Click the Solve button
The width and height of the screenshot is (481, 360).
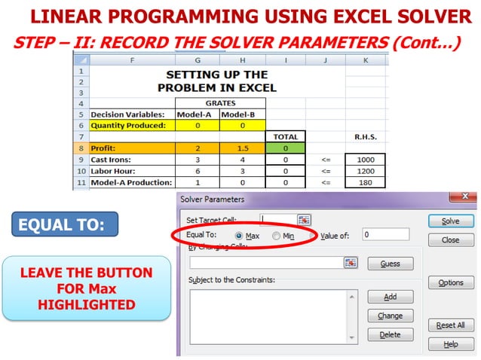tap(450, 221)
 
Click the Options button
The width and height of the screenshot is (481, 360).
tap(450, 282)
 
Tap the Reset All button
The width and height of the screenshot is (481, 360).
tap(450, 325)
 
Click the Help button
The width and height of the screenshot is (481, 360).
tap(450, 344)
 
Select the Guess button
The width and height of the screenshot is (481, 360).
tap(390, 264)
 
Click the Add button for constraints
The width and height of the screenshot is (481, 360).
tap(390, 297)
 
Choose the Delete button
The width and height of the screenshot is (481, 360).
tap(390, 334)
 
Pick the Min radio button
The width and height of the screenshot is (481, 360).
tap(277, 236)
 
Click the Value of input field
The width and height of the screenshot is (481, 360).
tap(384, 234)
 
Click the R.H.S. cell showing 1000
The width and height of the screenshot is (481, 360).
tap(365, 160)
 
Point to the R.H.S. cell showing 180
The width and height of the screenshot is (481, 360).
tap(365, 182)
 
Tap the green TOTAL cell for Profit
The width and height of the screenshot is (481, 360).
tap(286, 148)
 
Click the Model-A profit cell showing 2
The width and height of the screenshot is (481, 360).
tap(198, 148)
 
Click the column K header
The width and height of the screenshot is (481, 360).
tap(365, 59)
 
